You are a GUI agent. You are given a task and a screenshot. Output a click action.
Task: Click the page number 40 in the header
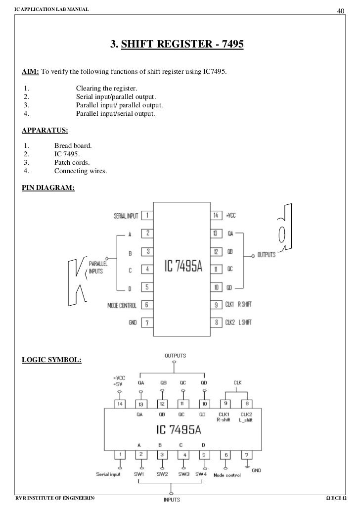[x=340, y=11]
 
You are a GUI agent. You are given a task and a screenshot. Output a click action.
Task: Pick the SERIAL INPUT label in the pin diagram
[x=127, y=216]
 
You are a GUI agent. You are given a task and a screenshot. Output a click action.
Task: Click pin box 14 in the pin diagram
[x=216, y=216]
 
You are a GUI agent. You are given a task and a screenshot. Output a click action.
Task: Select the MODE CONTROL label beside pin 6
[x=124, y=305]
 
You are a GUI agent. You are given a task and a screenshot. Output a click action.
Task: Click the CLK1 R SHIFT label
[x=238, y=305]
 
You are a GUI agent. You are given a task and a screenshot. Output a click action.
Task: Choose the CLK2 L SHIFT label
[x=238, y=323]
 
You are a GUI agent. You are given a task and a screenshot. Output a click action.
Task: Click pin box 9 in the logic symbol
[x=225, y=403]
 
